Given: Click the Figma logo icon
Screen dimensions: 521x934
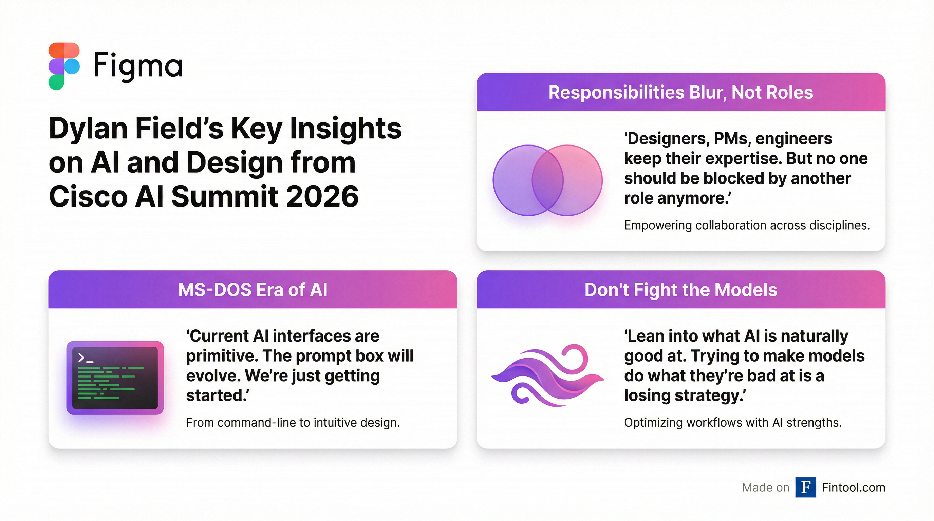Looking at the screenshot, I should pos(64,66).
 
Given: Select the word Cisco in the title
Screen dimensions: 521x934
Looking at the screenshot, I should pos(88,197).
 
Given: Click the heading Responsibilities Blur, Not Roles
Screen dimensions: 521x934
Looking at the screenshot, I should pos(680,92).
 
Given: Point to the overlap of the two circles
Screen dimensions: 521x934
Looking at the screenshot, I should pos(547,180).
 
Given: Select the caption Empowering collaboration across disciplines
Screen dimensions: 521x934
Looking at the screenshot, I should pos(747,225).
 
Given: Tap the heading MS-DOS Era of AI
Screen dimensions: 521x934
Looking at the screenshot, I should pos(253,290).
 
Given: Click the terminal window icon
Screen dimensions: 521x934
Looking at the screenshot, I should pos(115,378).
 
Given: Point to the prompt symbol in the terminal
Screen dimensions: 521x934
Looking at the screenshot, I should pos(86,358).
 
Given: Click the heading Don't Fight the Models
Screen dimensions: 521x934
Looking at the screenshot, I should pos(680,290).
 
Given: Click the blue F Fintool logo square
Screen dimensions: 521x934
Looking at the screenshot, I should pos(806,487).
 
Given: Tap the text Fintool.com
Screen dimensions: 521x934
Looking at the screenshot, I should pos(853,488).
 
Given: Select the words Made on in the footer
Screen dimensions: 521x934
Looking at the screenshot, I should pos(765,488).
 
